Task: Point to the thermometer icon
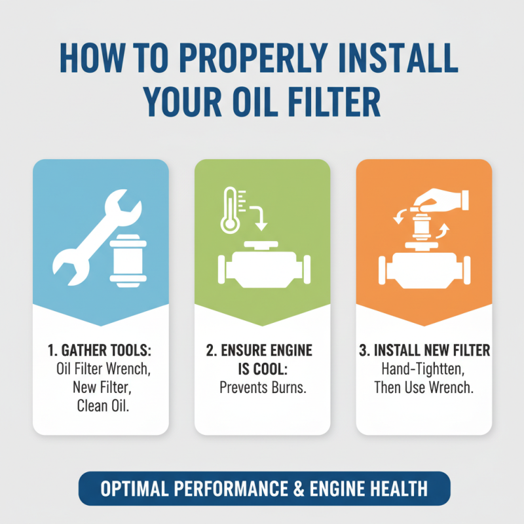(230, 209)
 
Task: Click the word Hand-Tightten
(424, 369)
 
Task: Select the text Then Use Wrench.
(424, 387)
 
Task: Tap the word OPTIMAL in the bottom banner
(134, 489)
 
